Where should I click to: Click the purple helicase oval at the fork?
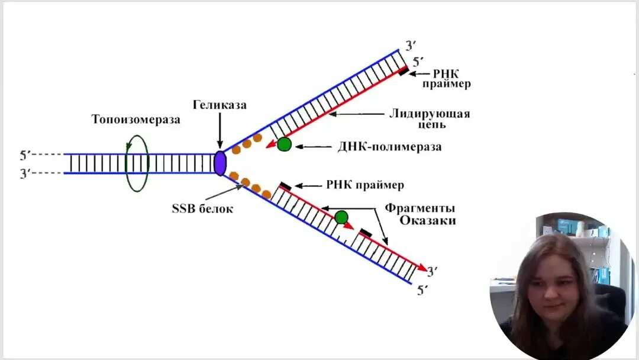click(219, 163)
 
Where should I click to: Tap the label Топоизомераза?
click(135, 120)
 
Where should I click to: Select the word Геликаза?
click(219, 105)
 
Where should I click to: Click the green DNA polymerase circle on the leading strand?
click(285, 144)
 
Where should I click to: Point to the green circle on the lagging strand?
click(341, 217)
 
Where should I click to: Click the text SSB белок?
click(202, 208)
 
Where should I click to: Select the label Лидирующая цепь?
click(430, 119)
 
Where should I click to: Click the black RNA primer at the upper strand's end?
click(402, 72)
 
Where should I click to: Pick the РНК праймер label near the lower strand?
click(364, 185)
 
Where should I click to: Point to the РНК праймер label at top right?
click(446, 79)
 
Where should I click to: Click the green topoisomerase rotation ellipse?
click(137, 164)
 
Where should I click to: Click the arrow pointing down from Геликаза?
click(220, 133)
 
